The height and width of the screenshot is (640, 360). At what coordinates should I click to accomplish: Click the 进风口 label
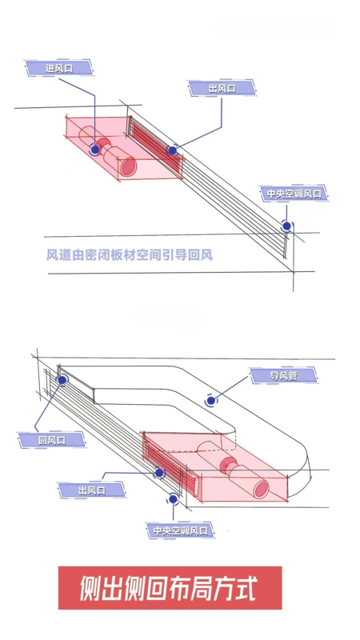pos(59,68)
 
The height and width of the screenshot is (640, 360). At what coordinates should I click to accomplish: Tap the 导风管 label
pos(283,375)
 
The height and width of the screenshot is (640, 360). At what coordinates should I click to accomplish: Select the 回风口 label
pos(52,440)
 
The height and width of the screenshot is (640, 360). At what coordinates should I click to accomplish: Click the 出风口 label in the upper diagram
pos(222,89)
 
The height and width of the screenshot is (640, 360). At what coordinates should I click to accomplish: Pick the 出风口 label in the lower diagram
pos(92,490)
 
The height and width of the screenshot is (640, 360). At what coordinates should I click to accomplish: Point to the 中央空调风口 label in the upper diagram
pos(294,193)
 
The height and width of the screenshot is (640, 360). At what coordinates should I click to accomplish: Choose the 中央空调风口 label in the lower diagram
pos(180,530)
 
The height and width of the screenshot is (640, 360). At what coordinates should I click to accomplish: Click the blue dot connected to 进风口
pos(95,150)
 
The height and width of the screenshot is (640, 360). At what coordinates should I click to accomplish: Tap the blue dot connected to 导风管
pos(210,401)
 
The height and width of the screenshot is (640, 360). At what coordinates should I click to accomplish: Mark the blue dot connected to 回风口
pos(62,380)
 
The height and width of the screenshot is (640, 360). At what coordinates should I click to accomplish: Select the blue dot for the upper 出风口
pos(172,150)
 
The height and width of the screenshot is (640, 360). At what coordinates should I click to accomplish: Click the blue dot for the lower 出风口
pos(159,473)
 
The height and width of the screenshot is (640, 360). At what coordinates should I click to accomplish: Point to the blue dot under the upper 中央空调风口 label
pos(287,226)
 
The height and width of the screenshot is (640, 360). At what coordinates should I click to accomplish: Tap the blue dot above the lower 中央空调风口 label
pos(173,498)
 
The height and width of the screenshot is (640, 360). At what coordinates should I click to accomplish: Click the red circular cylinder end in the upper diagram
pos(129,167)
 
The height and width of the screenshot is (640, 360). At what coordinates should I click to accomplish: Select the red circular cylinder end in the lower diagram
pos(261,489)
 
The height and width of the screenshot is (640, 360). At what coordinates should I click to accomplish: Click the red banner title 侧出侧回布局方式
pos(170,588)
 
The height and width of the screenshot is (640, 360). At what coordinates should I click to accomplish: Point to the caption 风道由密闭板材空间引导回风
pos(130,255)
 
